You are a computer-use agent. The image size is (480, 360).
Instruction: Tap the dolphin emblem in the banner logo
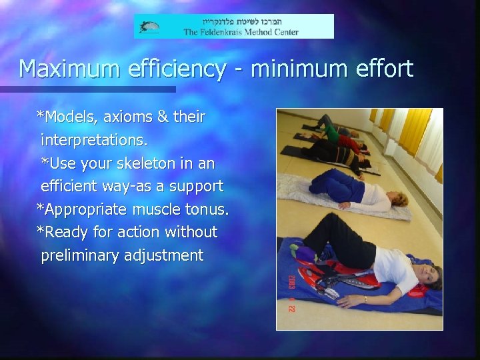tap(149, 27)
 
